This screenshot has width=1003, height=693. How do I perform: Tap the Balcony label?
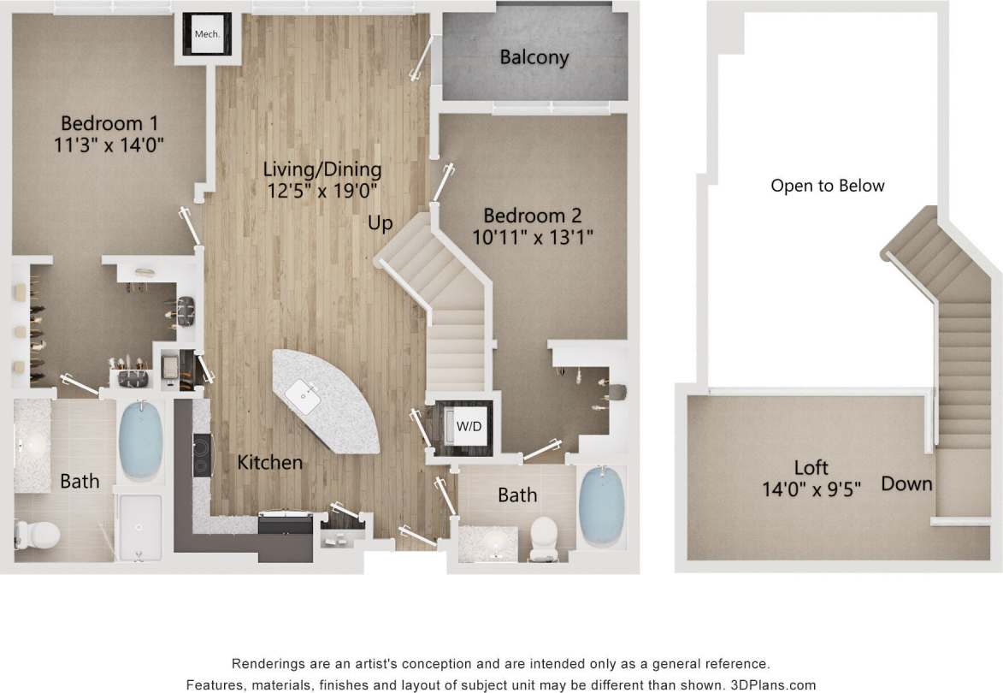tap(534, 58)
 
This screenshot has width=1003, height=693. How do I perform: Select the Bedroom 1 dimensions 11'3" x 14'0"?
tap(108, 145)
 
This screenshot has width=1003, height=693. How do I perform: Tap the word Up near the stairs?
tap(381, 223)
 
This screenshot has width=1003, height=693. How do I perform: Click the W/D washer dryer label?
tap(468, 425)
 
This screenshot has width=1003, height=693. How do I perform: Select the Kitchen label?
tap(269, 463)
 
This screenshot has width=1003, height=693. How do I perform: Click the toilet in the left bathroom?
tap(37, 536)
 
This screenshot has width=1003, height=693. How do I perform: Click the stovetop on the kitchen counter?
tap(202, 454)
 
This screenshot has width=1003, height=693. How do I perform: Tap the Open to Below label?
tap(827, 186)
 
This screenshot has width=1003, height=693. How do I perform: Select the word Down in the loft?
tap(906, 484)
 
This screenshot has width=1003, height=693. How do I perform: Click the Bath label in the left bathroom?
tap(80, 482)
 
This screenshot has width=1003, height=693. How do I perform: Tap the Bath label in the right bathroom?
tap(517, 495)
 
